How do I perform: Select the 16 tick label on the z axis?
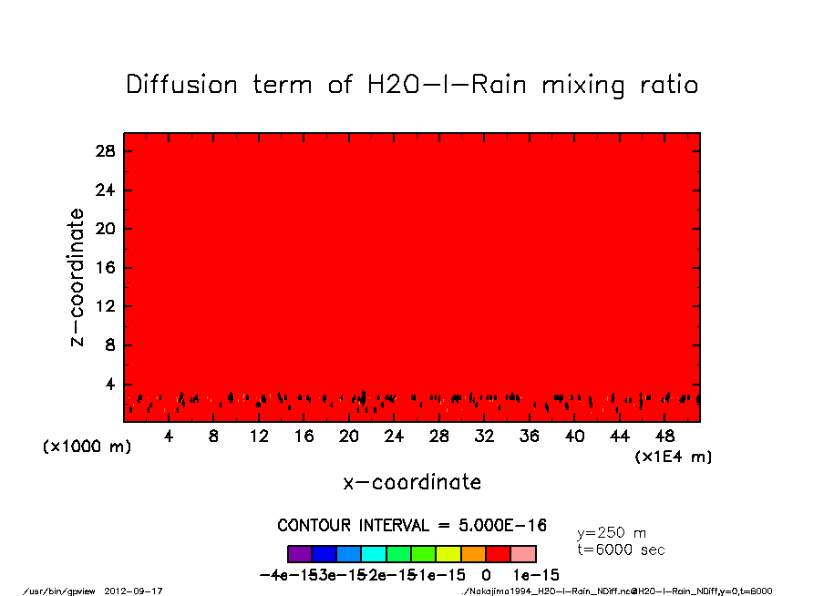[x=106, y=268]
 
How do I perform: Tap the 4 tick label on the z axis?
[x=110, y=385]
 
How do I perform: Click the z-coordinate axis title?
[x=78, y=277]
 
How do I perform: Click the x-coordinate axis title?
[x=412, y=482]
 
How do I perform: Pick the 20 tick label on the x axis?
[x=349, y=437]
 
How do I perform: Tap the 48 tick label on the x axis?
[x=665, y=437]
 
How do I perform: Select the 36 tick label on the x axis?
[x=530, y=437]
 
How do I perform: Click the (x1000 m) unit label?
[x=81, y=447]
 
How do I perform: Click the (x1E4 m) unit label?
[x=674, y=456]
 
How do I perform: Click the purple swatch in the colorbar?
[x=300, y=554]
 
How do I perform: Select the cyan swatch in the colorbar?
[x=374, y=554]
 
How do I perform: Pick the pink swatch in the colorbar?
[x=523, y=554]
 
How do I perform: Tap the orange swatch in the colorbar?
[x=474, y=554]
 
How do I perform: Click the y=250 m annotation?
[x=612, y=533]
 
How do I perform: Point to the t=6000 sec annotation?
[x=621, y=550]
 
